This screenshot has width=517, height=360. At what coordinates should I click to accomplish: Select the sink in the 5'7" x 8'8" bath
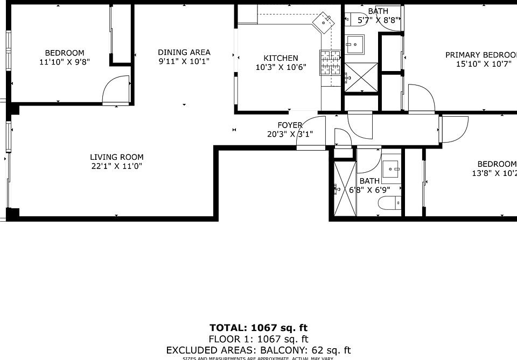(x=355, y=45)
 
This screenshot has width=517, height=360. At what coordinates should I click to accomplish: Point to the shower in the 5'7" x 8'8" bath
(x=361, y=77)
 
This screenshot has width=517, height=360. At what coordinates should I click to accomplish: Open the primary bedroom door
(x=421, y=98)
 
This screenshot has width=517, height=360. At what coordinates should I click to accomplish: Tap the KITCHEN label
(x=281, y=58)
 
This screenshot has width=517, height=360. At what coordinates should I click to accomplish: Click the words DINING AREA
(x=184, y=52)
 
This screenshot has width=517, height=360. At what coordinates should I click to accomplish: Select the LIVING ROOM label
(x=117, y=157)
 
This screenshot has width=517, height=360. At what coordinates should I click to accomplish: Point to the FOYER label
(x=290, y=125)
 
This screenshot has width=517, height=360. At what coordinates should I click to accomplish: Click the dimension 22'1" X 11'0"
(x=117, y=166)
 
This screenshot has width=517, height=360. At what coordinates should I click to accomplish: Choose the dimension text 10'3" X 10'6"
(x=281, y=67)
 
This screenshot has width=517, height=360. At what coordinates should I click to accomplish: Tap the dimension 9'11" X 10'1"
(x=184, y=61)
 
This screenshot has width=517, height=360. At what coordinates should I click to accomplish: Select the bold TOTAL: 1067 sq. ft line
(x=258, y=328)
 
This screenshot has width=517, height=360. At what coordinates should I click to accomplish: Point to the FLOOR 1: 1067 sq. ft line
(x=258, y=339)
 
